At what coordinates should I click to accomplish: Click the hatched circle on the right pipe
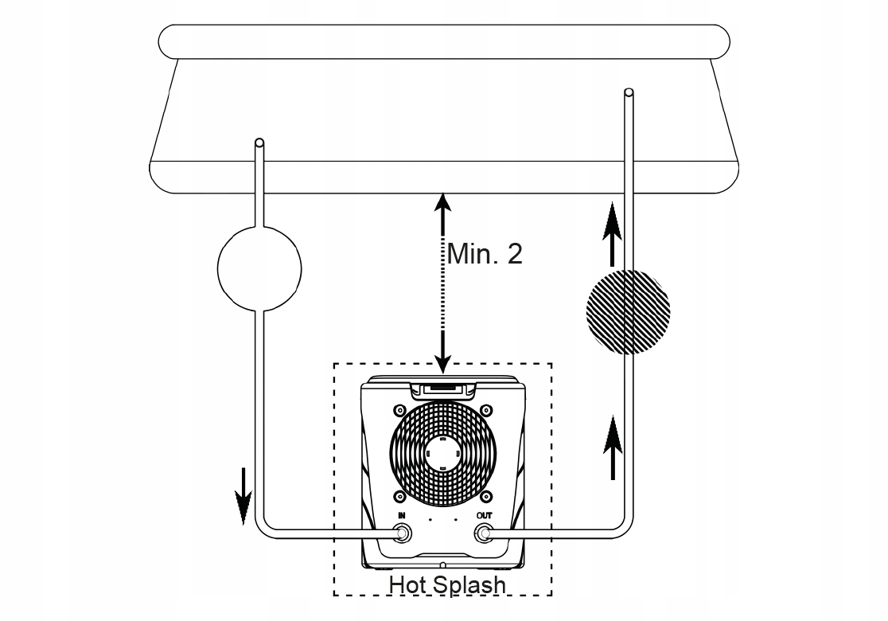tap(627, 311)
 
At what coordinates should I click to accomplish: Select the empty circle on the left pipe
tap(259, 268)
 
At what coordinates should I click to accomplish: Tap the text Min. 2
tap(485, 254)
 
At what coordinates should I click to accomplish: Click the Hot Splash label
tap(446, 584)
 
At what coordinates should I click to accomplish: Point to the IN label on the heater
tap(402, 516)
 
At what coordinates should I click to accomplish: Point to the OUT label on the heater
tap(484, 516)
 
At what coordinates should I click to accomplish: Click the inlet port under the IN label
tap(403, 533)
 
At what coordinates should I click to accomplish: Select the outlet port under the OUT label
tap(483, 533)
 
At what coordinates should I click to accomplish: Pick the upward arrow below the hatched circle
tap(612, 446)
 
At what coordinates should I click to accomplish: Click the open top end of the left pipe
tap(259, 144)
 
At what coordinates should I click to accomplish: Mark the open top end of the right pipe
tap(629, 93)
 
